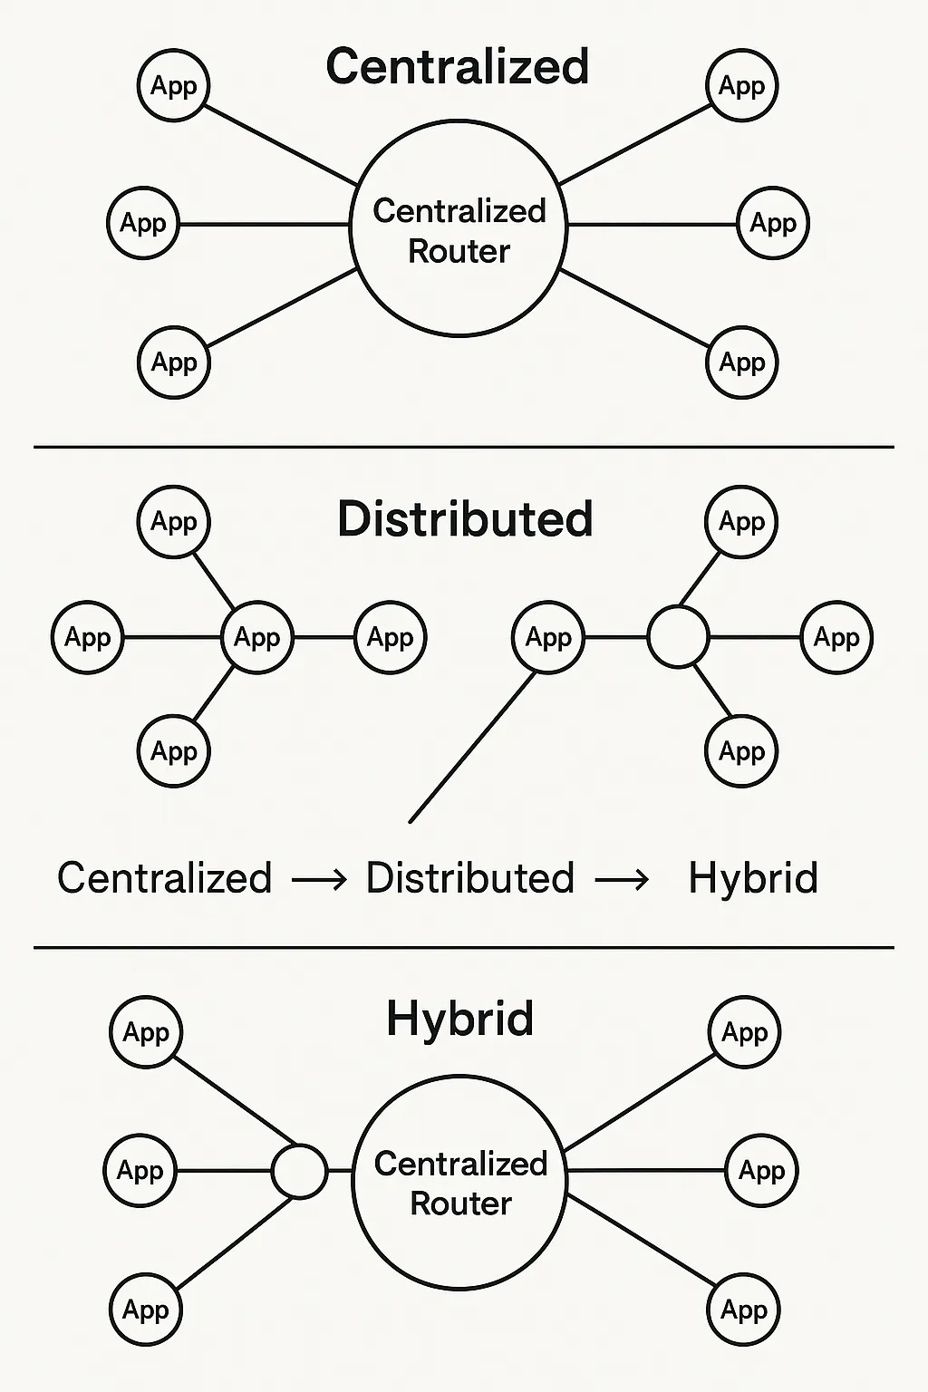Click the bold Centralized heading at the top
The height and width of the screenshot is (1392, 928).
(x=458, y=67)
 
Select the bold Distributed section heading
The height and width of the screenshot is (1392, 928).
(x=465, y=519)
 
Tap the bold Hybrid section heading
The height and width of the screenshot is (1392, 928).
(x=459, y=1019)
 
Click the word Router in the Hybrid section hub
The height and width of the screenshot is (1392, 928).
(x=460, y=1203)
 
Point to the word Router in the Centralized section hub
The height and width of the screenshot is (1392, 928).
(x=459, y=251)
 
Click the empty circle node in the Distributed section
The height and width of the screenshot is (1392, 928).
(x=678, y=637)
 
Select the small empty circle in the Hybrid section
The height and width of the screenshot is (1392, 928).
(x=299, y=1171)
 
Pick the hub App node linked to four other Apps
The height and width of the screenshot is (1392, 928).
(x=257, y=637)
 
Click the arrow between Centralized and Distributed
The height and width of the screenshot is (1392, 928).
(x=319, y=879)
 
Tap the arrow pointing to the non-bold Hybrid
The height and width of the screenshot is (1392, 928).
(x=622, y=879)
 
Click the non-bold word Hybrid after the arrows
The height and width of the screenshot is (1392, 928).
(x=753, y=878)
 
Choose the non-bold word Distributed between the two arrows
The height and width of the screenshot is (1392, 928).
(x=469, y=878)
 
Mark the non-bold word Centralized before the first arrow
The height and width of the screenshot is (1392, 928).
(x=164, y=878)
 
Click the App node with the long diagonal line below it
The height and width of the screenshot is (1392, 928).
(x=548, y=637)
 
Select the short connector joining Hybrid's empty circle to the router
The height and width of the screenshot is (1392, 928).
(x=340, y=1171)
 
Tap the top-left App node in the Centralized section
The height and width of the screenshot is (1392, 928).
(x=173, y=86)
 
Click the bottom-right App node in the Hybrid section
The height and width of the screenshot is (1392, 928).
(x=743, y=1310)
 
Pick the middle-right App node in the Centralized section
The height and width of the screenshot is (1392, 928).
(x=773, y=223)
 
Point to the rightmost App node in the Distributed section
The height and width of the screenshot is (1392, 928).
(x=836, y=637)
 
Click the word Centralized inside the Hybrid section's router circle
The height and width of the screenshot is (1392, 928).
(x=460, y=1164)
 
